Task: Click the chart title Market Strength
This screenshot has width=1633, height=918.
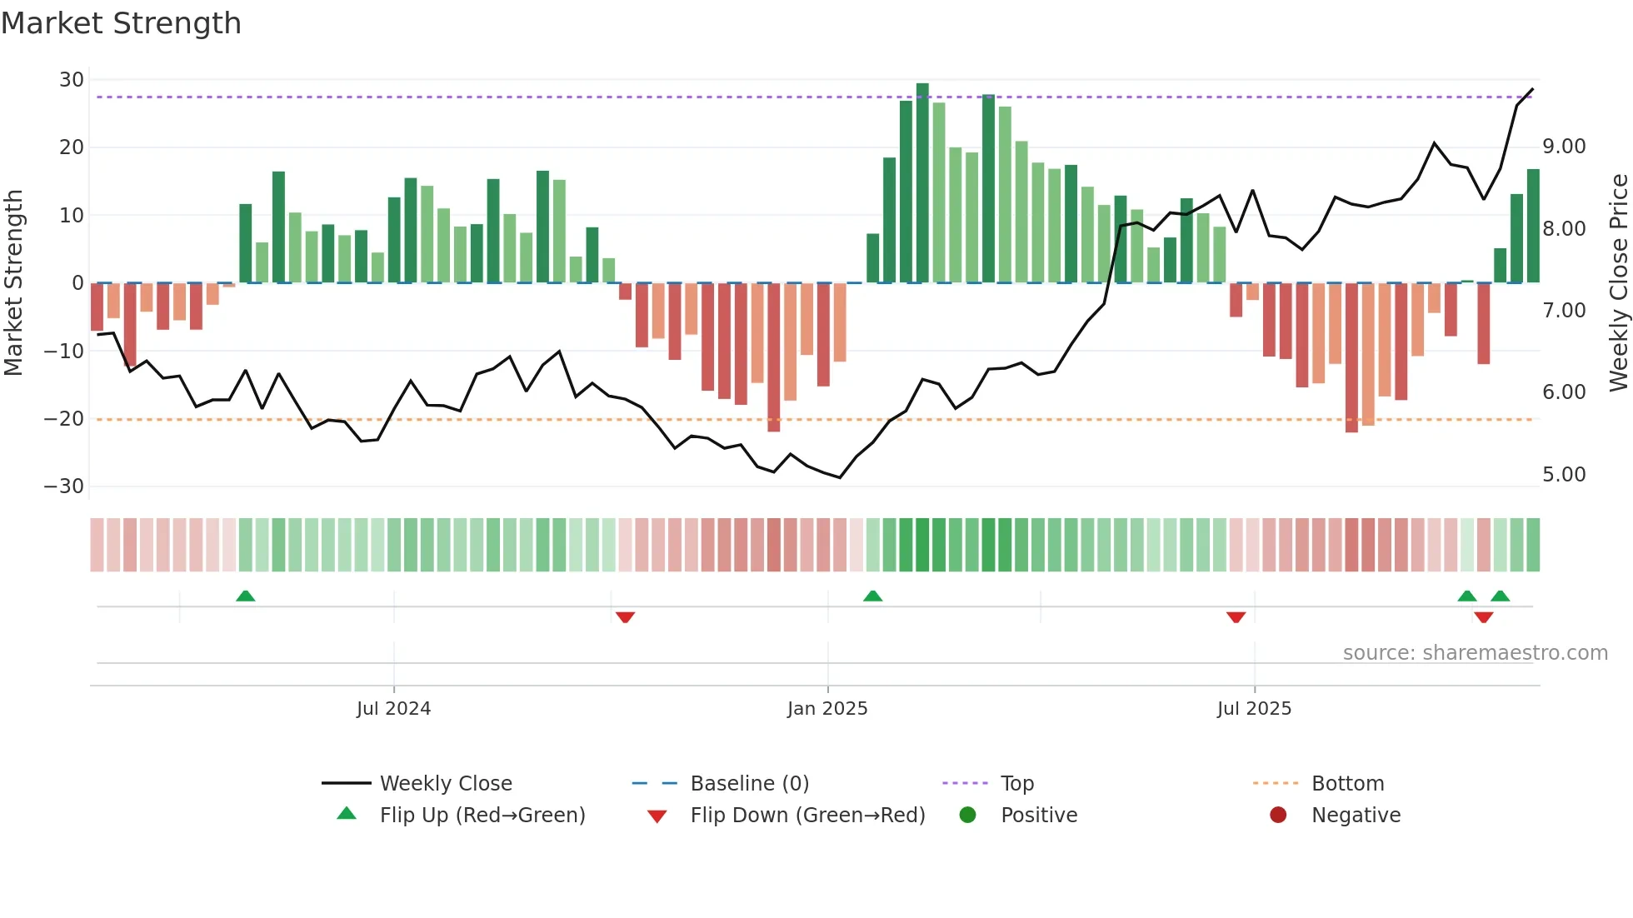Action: (x=121, y=23)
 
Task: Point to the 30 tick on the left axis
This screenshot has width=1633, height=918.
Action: (x=72, y=80)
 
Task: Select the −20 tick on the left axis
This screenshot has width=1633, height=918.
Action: (x=65, y=419)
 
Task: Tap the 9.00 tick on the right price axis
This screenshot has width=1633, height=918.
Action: (x=1564, y=147)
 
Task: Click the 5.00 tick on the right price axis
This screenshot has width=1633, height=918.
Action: (x=1564, y=475)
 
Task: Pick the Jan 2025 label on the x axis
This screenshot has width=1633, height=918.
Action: (x=827, y=709)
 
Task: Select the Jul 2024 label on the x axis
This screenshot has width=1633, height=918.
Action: (x=393, y=709)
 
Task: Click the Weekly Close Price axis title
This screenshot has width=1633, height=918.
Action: (x=1618, y=282)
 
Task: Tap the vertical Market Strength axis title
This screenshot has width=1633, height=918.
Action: (x=13, y=282)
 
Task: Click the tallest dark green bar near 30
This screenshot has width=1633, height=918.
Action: (x=922, y=183)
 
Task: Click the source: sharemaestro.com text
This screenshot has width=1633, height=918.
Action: (x=1475, y=653)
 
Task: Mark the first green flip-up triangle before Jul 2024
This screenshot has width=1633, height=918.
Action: (x=245, y=596)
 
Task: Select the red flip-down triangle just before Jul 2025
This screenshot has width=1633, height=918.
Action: (x=1236, y=617)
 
